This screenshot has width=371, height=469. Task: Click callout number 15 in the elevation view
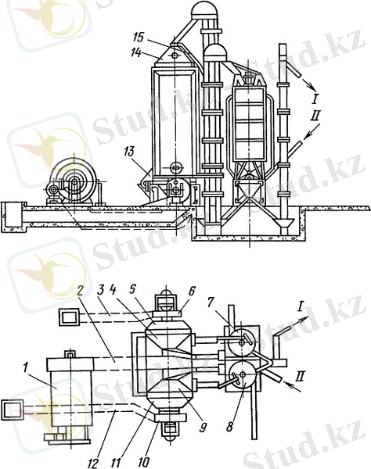point(139,38)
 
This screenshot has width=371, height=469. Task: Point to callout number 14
point(136,52)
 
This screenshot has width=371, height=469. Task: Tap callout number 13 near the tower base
point(129,152)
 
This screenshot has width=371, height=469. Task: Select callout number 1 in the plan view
point(26,369)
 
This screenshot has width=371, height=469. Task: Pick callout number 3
point(101,289)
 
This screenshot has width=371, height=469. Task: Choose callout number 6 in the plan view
point(192,291)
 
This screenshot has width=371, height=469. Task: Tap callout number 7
point(211,303)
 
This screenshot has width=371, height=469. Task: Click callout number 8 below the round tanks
point(229,426)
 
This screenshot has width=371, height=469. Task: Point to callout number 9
point(203,428)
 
